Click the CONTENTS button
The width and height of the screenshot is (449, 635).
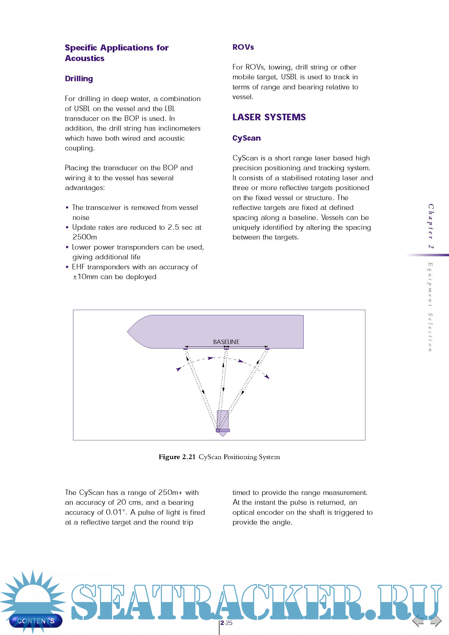coord(36,621)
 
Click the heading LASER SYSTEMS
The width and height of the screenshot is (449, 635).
coord(269,117)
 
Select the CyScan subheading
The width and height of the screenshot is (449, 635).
coord(246,138)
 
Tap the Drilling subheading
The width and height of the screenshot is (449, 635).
coord(79,78)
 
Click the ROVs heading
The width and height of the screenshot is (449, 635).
coord(243,47)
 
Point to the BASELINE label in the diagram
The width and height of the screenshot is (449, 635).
coord(226,342)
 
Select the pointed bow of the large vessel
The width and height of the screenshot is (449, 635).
coord(133,331)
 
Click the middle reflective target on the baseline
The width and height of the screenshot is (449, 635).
coord(226,349)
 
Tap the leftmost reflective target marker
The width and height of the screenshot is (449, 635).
coord(185,349)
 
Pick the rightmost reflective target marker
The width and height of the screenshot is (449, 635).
coord(267,349)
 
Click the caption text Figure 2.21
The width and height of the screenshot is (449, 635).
coord(177,457)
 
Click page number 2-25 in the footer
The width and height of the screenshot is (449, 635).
coord(226,623)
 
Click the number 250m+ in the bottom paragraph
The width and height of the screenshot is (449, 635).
coord(170,492)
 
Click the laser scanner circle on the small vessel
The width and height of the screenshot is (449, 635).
coord(218,430)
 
